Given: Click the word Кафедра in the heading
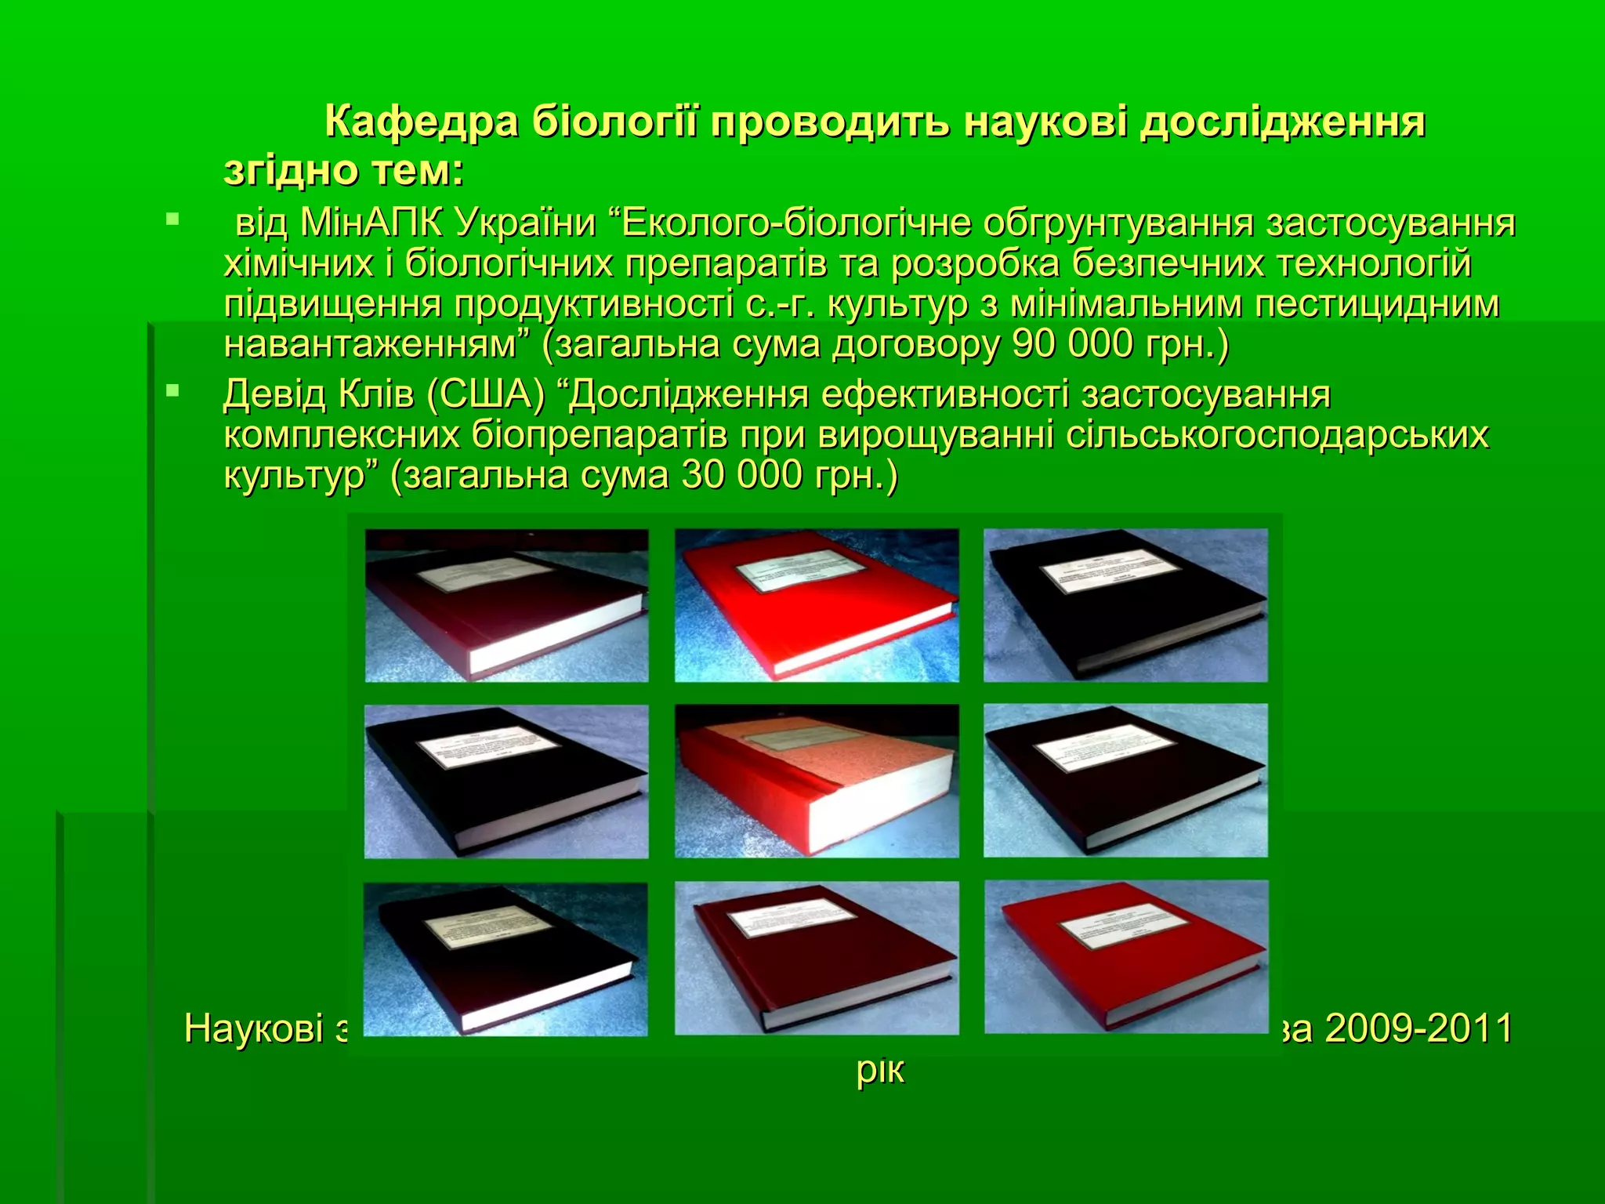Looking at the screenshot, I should pos(421,123).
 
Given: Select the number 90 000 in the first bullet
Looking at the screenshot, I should pos(1071,344).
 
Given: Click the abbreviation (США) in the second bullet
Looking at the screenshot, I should pos(485,394).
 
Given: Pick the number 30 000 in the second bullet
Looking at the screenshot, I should pos(741,476).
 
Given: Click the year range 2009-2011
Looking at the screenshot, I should pos(1418,1028).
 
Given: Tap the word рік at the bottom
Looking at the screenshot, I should pos(880,1071).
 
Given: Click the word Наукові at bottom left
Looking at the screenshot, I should pos(253,1028).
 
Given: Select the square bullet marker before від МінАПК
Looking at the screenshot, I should pos(172,219).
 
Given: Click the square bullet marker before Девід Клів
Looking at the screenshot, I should pos(172,390).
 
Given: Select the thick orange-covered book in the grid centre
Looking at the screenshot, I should pos(815,784).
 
